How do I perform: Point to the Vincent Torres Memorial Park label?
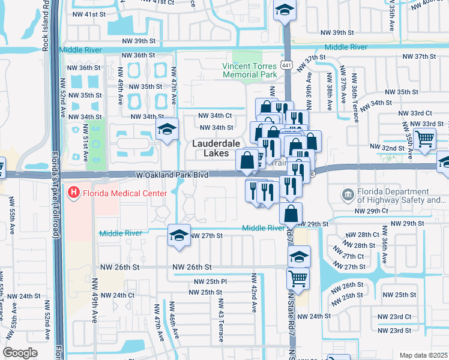click(249, 70)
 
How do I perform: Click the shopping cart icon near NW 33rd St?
click(424, 139)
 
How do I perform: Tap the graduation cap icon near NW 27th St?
click(179, 235)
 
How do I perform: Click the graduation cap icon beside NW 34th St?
click(166, 128)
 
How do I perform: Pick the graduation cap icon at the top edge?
click(285, 9)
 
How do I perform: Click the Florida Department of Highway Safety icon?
click(348, 194)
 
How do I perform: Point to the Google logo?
click(20, 353)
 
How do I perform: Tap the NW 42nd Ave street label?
click(254, 292)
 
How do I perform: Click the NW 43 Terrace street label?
click(220, 320)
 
